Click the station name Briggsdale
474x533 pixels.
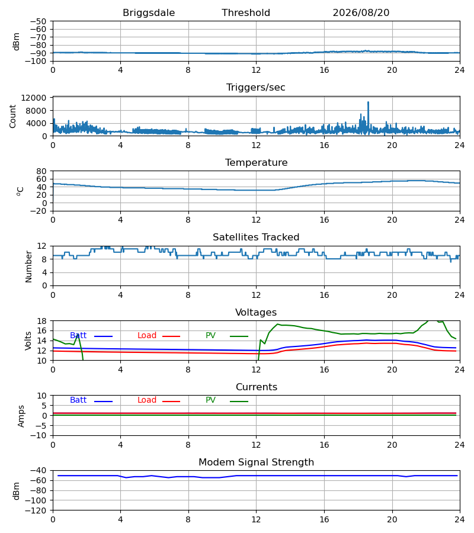pos(149,13)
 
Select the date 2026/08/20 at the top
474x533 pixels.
pos(361,12)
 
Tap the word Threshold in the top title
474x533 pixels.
pos(246,12)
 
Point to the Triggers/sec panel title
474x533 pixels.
pos(256,88)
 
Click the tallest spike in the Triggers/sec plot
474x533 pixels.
pos(368,102)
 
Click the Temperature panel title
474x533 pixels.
pos(256,162)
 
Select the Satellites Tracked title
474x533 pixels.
pos(256,237)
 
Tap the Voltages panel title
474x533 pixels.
pos(256,312)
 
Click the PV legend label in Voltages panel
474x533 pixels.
pos(210,336)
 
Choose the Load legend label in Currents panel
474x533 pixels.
pos(147,400)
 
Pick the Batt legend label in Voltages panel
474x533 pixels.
pos(78,336)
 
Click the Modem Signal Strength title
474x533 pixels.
pos(256,463)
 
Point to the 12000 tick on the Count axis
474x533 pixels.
pos(34,98)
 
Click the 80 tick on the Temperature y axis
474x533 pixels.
pos(41,171)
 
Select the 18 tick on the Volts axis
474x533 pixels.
pos(41,321)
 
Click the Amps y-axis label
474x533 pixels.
pos(21,416)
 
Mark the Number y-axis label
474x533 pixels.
pos(28,266)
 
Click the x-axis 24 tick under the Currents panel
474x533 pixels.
pos(460,445)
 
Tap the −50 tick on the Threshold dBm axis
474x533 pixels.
pos(38,21)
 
